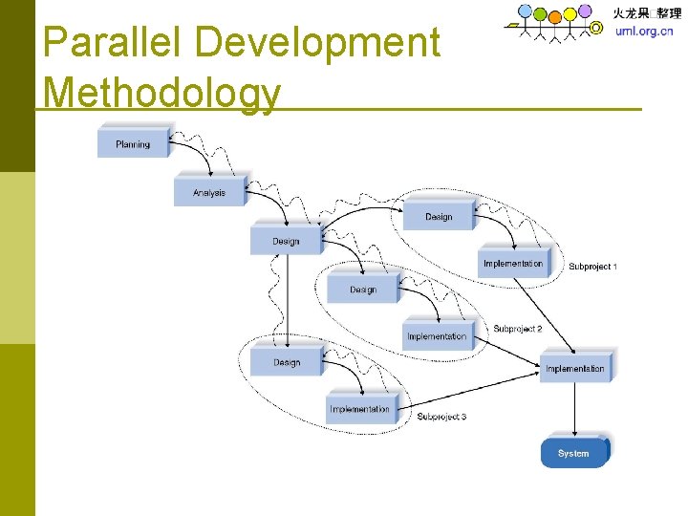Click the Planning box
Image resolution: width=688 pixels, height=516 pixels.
coord(133,144)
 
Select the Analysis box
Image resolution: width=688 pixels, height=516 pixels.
coord(209,192)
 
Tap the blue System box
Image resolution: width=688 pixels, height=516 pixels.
coord(573,453)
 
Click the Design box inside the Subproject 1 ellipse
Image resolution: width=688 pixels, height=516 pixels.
coord(439,217)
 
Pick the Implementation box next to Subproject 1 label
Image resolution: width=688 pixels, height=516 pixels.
coord(513,264)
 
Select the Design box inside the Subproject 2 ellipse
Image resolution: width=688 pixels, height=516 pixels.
coord(363,290)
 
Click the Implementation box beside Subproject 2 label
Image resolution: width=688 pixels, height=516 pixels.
coord(437,336)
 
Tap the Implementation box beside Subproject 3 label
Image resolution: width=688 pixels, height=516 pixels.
coord(359,410)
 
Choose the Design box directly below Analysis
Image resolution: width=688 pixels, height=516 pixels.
coord(286,241)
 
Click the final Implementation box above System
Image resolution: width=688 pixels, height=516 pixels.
coord(575,368)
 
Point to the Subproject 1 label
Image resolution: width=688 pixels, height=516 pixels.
coord(592,267)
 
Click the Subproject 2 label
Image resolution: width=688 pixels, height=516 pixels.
coord(517,329)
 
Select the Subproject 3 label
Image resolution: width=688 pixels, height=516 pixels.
coord(441,417)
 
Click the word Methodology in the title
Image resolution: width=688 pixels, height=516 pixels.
coord(162,93)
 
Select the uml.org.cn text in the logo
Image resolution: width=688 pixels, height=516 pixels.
coord(645,31)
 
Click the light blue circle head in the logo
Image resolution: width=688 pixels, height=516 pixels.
coord(525,11)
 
